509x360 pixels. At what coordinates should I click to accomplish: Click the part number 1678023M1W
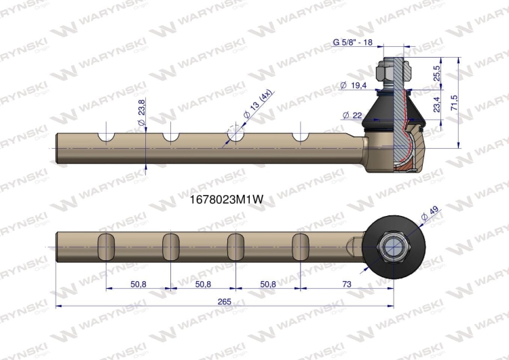pyautogui.click(x=226, y=200)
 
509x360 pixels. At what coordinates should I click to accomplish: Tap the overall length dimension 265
pyautogui.click(x=225, y=302)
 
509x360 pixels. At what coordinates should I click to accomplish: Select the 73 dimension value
pyautogui.click(x=347, y=284)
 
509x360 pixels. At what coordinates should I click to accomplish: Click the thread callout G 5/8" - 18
pyautogui.click(x=353, y=42)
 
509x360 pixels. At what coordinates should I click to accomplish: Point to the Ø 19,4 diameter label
pyautogui.click(x=353, y=86)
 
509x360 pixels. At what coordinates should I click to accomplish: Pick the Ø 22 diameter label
pyautogui.click(x=352, y=115)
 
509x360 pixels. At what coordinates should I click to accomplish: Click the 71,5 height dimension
pyautogui.click(x=454, y=103)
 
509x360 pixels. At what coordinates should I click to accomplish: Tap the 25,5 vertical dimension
pyautogui.click(x=436, y=73)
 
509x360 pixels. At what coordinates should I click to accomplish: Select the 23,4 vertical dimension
pyautogui.click(x=436, y=105)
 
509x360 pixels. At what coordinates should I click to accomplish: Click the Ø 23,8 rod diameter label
pyautogui.click(x=142, y=112)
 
